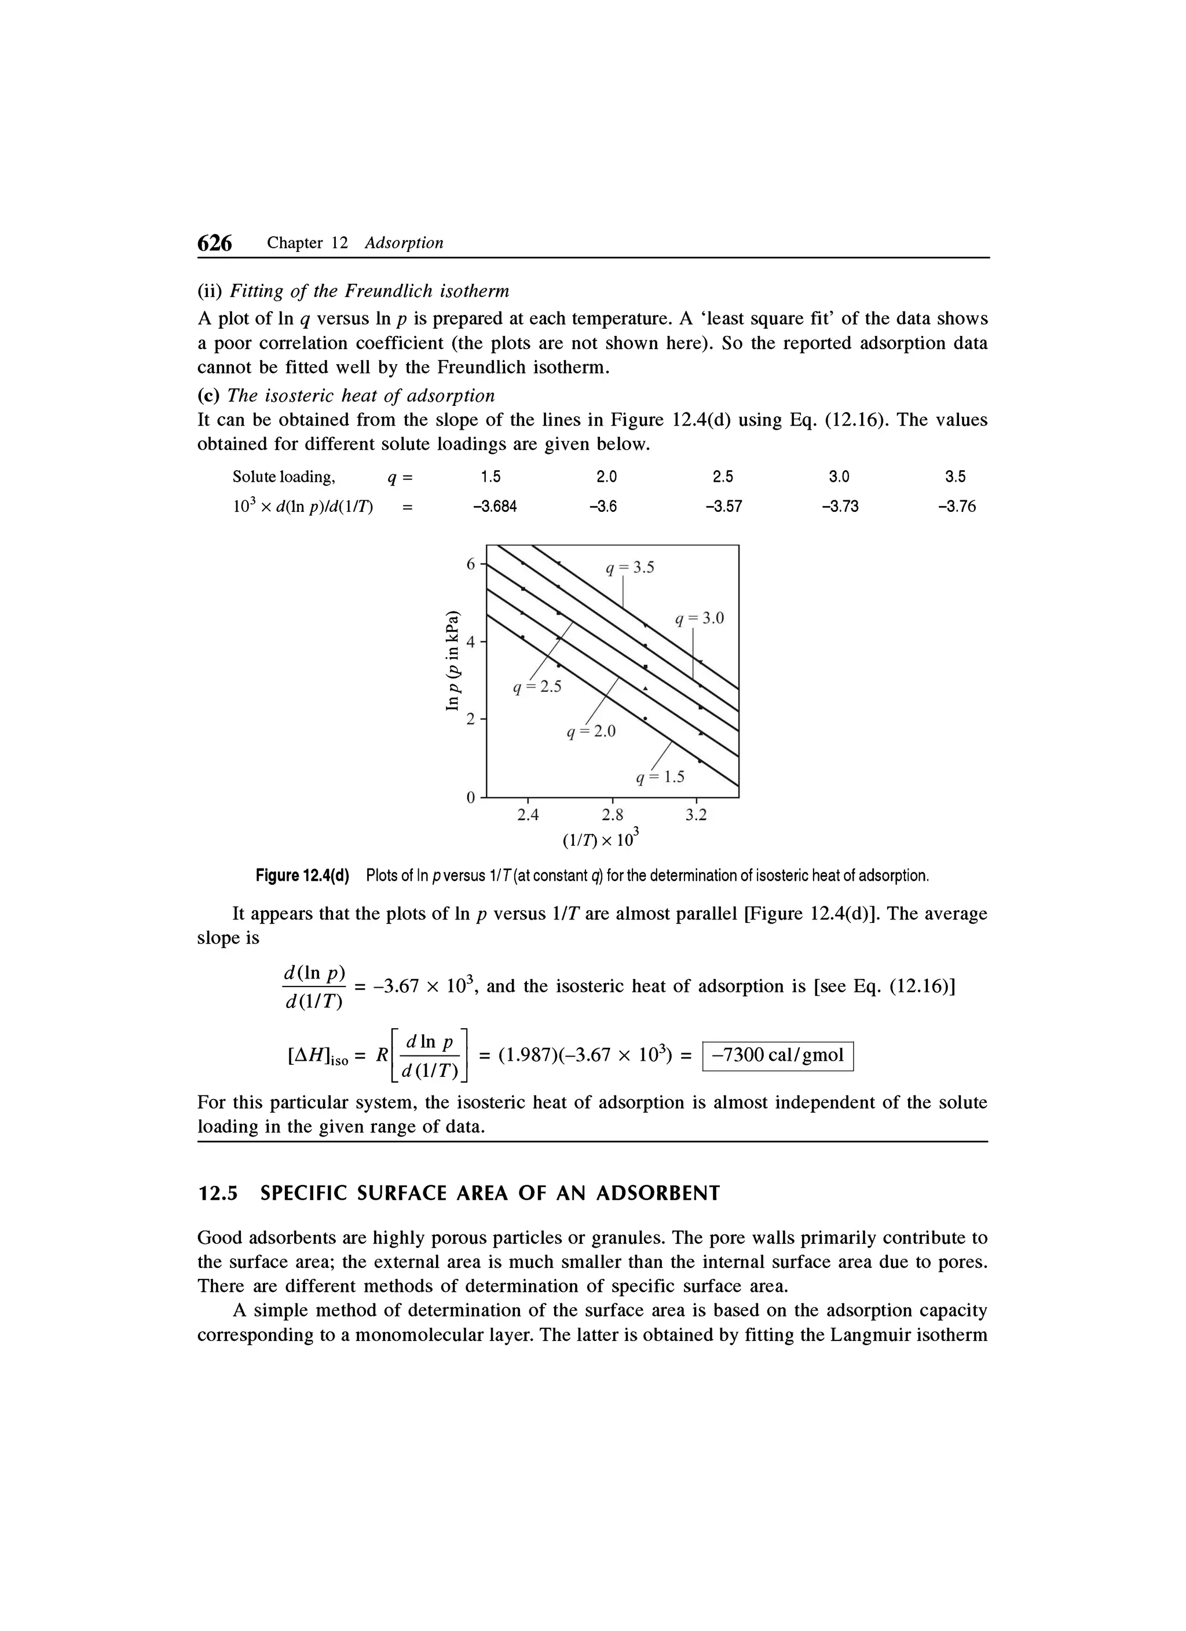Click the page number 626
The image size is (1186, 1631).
point(215,244)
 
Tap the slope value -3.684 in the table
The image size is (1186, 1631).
point(494,507)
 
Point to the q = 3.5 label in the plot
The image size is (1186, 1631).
point(630,568)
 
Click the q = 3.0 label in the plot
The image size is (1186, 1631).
point(699,618)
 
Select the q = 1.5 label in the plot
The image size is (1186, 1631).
point(660,778)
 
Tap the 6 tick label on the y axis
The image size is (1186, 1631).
point(470,565)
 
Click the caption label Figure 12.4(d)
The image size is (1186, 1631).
point(303,876)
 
